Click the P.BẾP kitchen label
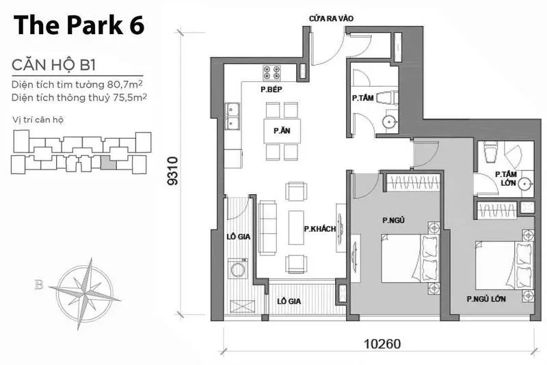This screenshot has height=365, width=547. pyautogui.click(x=271, y=90)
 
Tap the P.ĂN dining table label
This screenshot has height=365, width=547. pyautogui.click(x=282, y=131)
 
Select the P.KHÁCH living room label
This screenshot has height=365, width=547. pyautogui.click(x=320, y=229)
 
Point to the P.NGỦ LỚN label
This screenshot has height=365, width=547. pyautogui.click(x=486, y=299)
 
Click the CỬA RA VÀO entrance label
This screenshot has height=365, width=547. pyautogui.click(x=332, y=18)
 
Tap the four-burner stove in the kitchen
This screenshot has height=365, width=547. pyautogui.click(x=272, y=72)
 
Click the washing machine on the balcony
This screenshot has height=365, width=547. pyautogui.click(x=238, y=269)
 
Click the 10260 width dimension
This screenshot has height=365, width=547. pyautogui.click(x=383, y=344)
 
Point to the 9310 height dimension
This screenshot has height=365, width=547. pyautogui.click(x=173, y=171)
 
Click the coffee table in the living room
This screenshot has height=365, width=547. pyautogui.click(x=297, y=228)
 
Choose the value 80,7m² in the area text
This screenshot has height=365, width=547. pyautogui.click(x=126, y=84)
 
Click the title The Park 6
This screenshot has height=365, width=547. pyautogui.click(x=79, y=25)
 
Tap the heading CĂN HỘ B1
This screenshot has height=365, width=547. pyautogui.click(x=54, y=65)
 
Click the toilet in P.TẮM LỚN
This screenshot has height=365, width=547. pyautogui.click(x=490, y=152)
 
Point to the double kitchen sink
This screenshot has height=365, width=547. pyautogui.click(x=232, y=116)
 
